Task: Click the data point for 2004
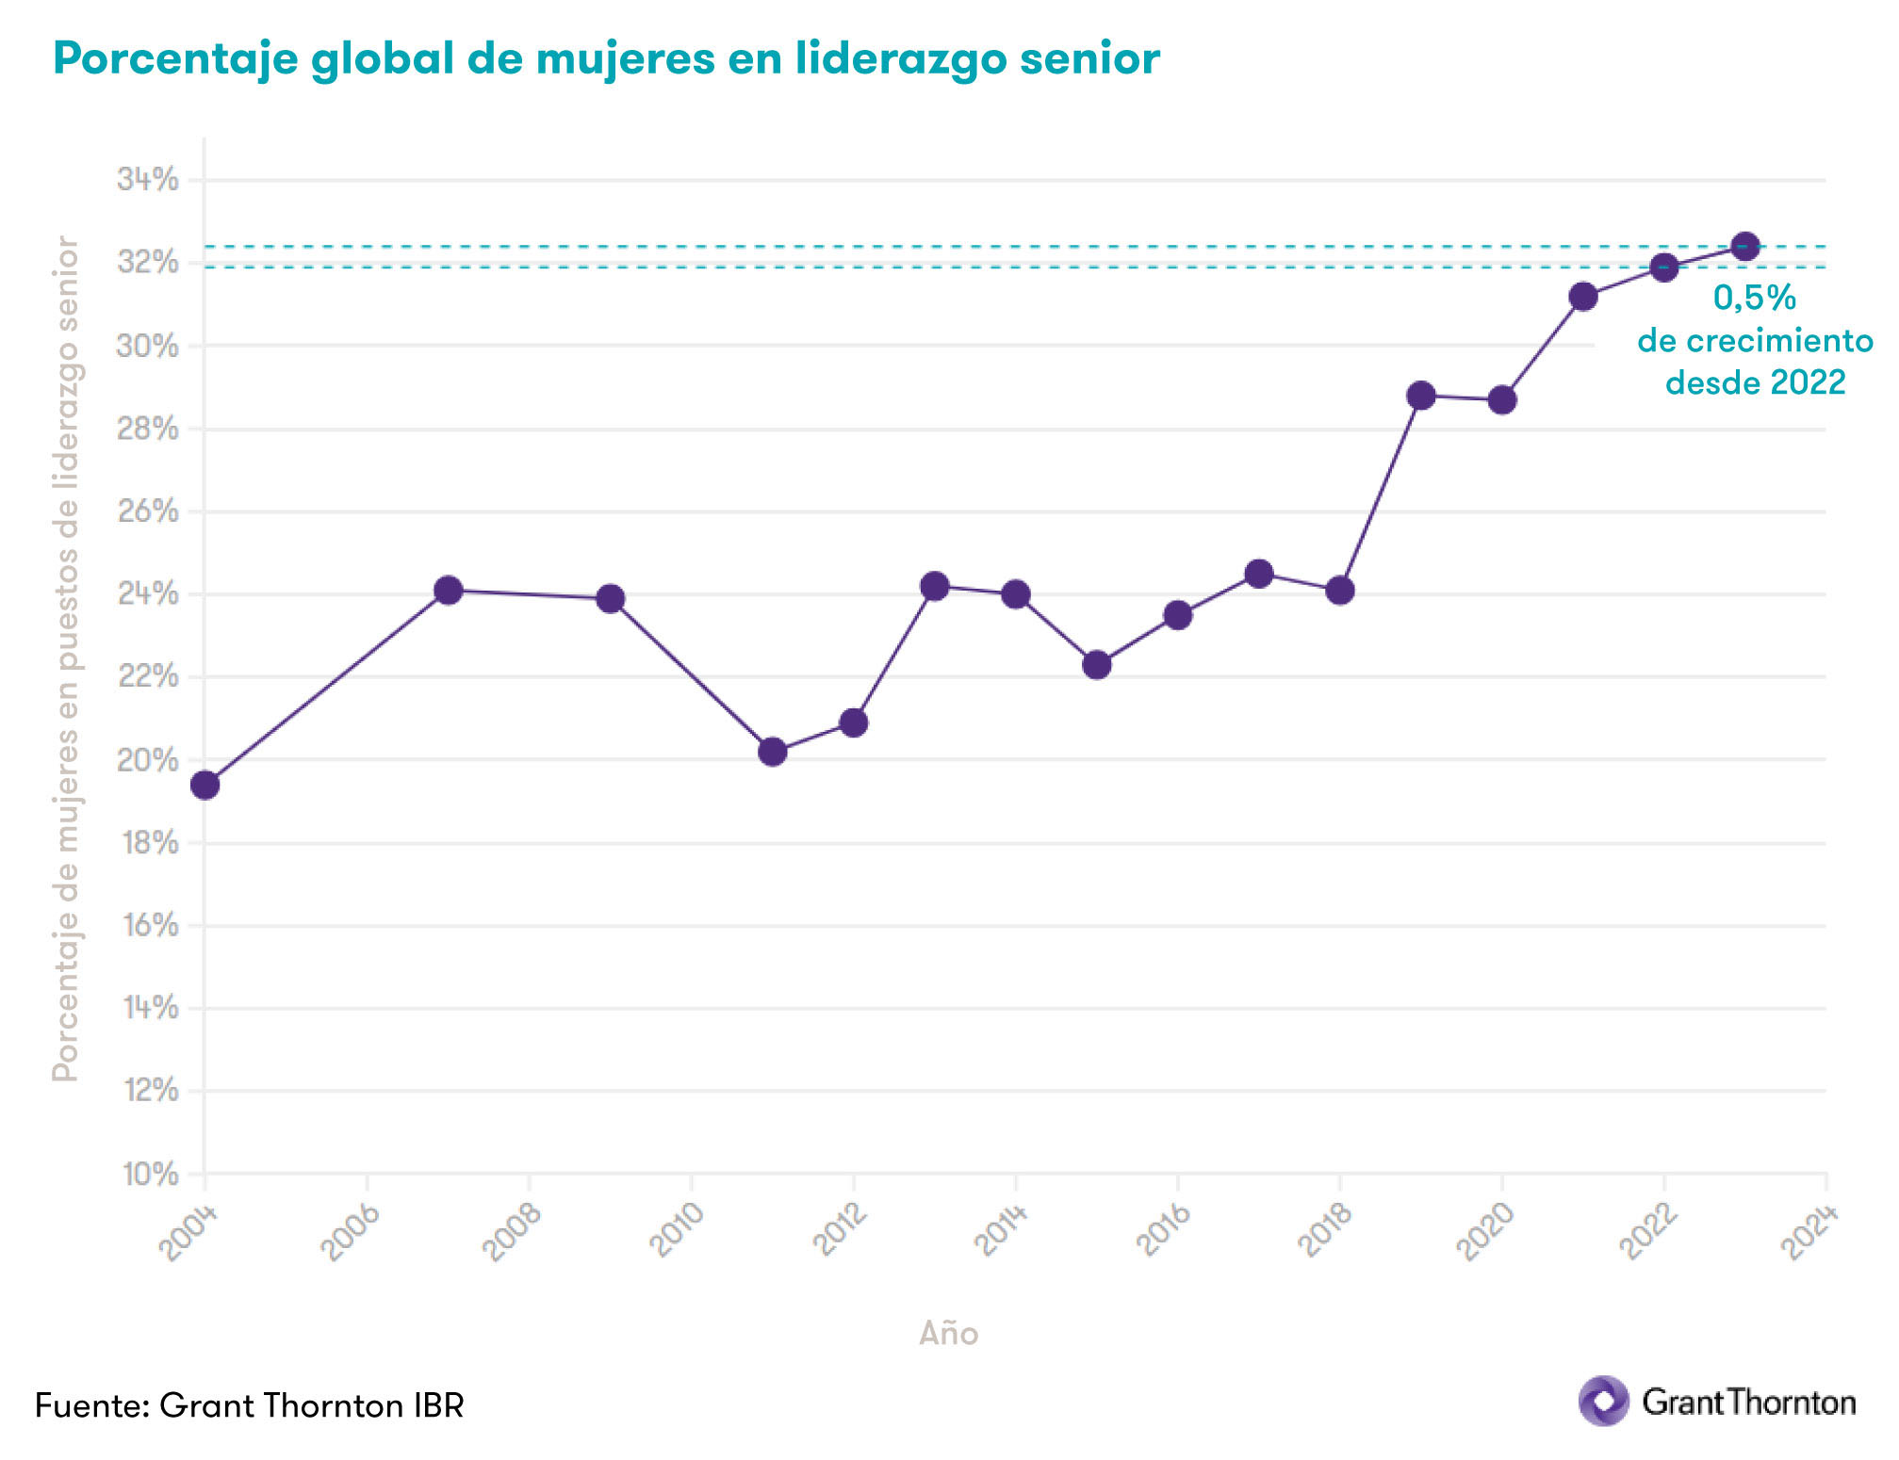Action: [205, 785]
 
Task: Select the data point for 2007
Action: [449, 591]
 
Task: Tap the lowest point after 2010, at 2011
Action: [772, 752]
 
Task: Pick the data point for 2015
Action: [1096, 665]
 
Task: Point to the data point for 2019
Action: [1421, 396]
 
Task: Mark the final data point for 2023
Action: [1745, 247]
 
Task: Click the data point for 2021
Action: [1583, 297]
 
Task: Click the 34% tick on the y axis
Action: [147, 179]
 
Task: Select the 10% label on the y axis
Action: [149, 1174]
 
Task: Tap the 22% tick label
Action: [147, 676]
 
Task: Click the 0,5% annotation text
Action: [1754, 298]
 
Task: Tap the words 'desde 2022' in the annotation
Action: [1755, 382]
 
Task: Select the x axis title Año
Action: [948, 1333]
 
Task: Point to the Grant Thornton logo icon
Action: [1603, 1401]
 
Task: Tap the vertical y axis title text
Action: [65, 659]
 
